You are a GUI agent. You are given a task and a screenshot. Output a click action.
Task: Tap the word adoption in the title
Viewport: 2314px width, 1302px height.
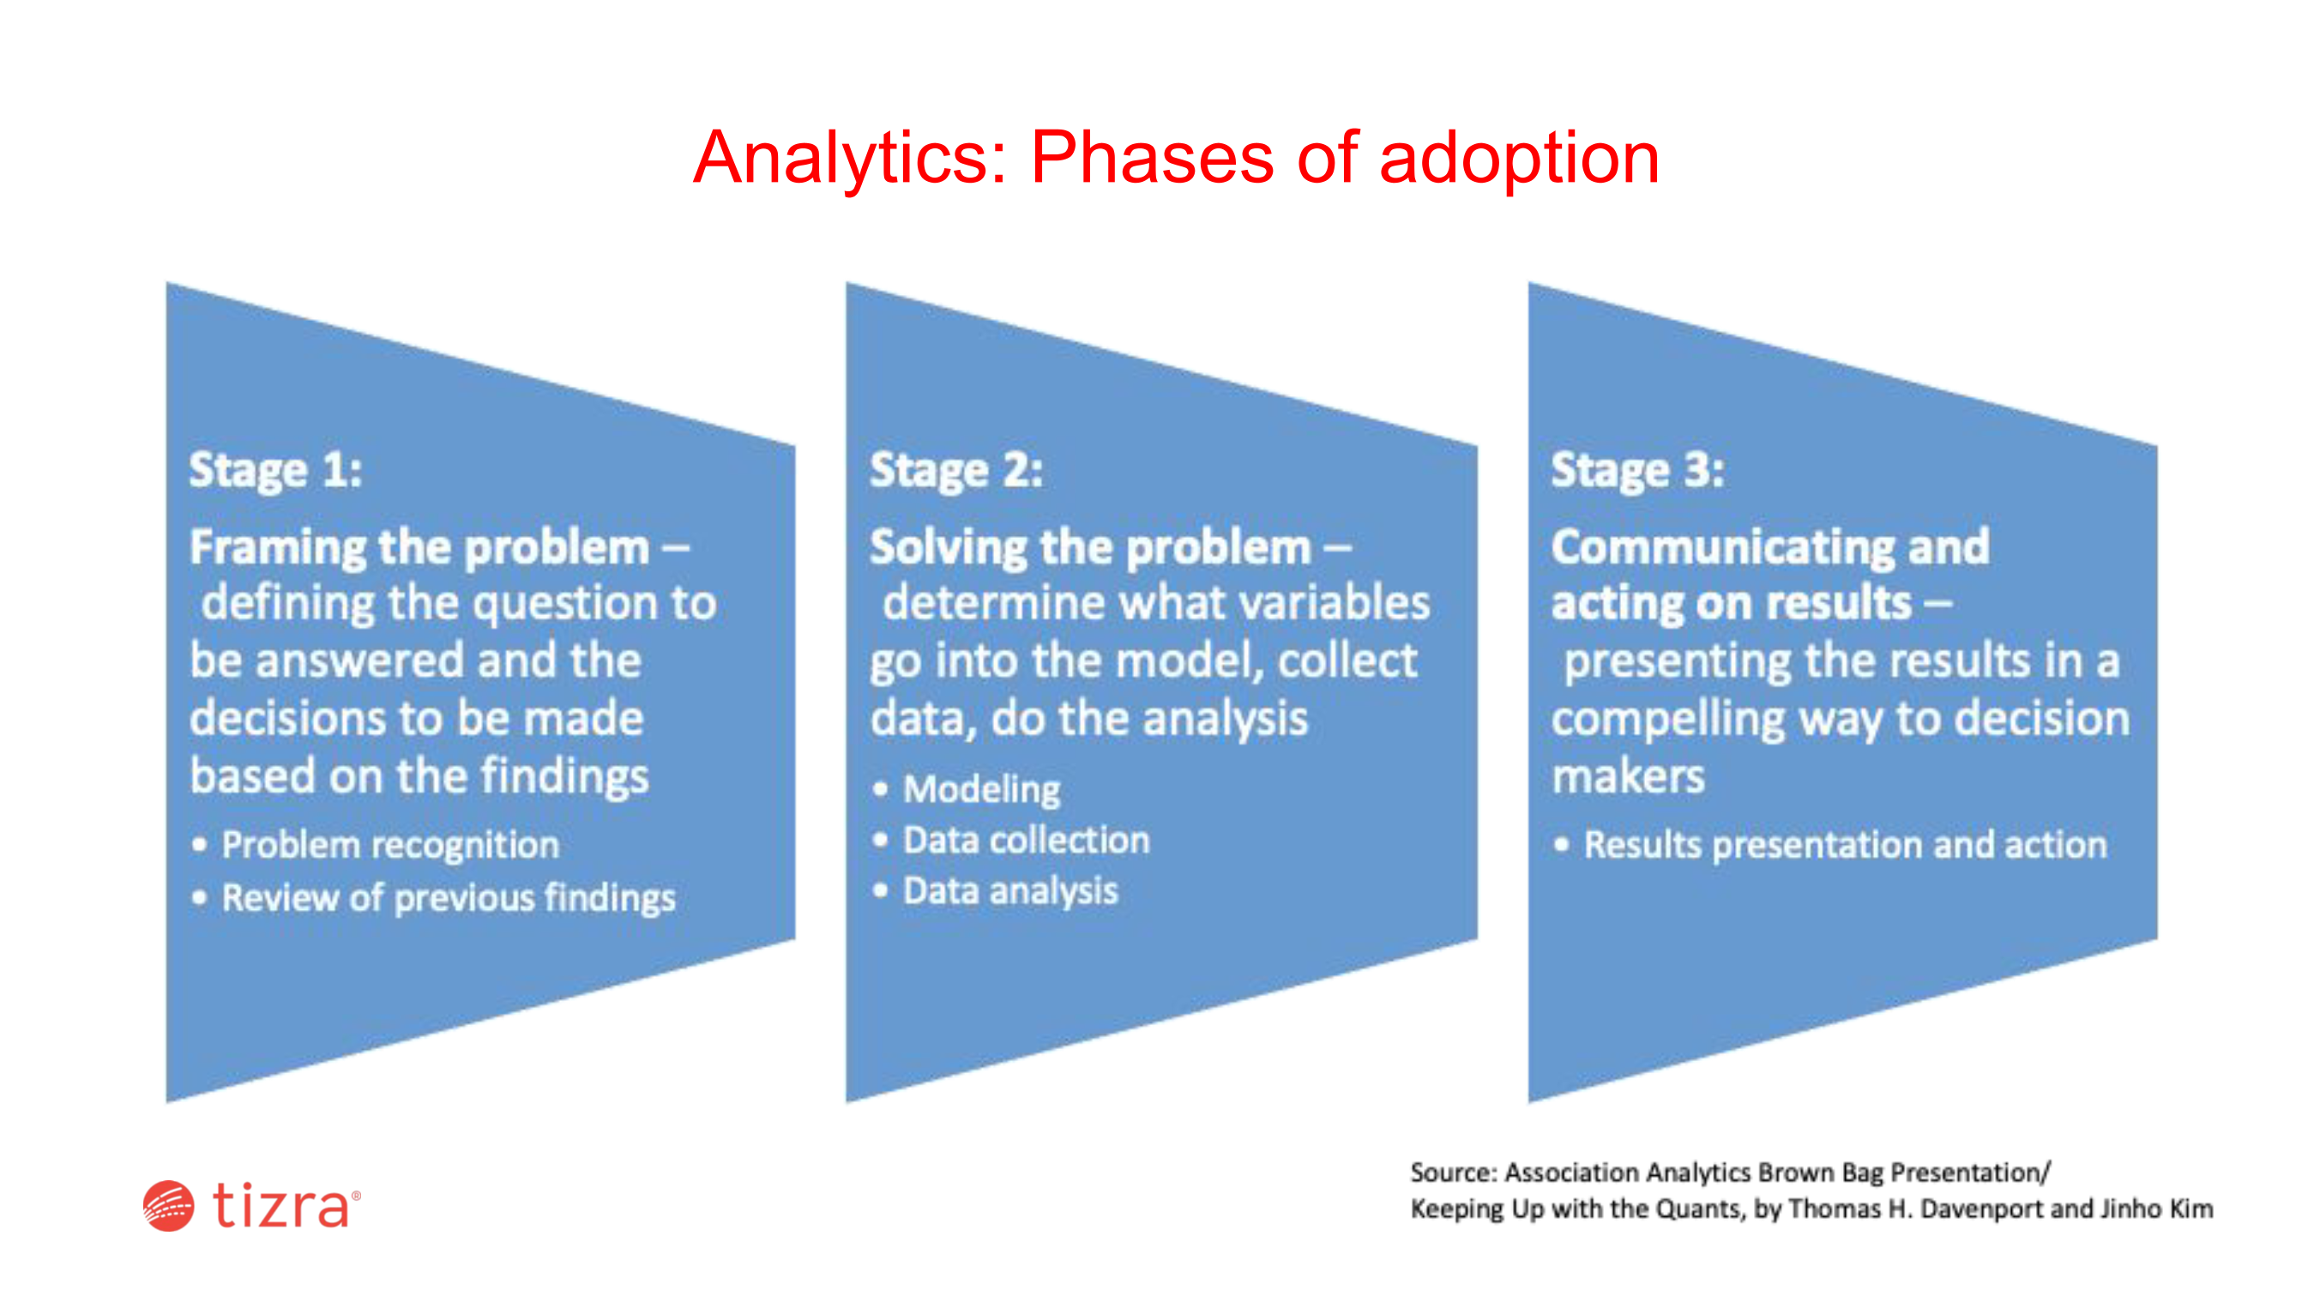pyautogui.click(x=1519, y=159)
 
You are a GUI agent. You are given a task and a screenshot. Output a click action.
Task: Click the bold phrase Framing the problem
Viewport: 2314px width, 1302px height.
pyautogui.click(x=419, y=548)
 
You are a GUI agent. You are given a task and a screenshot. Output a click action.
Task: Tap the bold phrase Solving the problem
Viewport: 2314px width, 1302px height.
pyautogui.click(x=1090, y=548)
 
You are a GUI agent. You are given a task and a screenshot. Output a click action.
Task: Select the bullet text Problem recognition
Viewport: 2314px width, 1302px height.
pyautogui.click(x=391, y=846)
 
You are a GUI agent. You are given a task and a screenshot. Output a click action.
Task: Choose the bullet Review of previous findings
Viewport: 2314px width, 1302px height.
pyautogui.click(x=449, y=899)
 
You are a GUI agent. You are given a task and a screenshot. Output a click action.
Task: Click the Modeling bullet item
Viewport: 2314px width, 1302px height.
pyautogui.click(x=982, y=790)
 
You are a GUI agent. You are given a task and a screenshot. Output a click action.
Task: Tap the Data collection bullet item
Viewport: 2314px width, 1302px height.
pyautogui.click(x=1026, y=841)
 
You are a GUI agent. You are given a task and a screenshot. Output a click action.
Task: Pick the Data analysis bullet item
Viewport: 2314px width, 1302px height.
pyautogui.click(x=1010, y=891)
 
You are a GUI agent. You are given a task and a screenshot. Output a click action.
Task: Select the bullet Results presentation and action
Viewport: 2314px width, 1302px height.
pyautogui.click(x=1845, y=846)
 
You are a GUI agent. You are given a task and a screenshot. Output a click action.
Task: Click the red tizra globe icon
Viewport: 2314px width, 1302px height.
pyautogui.click(x=168, y=1206)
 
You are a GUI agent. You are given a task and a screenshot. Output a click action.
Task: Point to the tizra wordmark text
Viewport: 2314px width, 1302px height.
pyautogui.click(x=281, y=1205)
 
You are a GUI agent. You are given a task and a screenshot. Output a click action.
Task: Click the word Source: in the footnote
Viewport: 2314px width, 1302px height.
pyautogui.click(x=1454, y=1172)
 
